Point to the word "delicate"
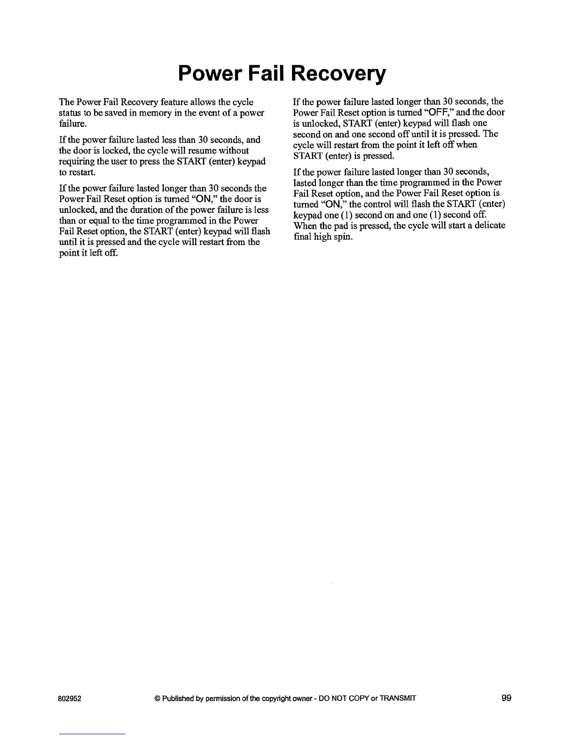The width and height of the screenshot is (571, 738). coord(489,225)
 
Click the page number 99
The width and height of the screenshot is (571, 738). coord(507,698)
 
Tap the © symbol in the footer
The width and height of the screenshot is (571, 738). coord(157,698)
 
